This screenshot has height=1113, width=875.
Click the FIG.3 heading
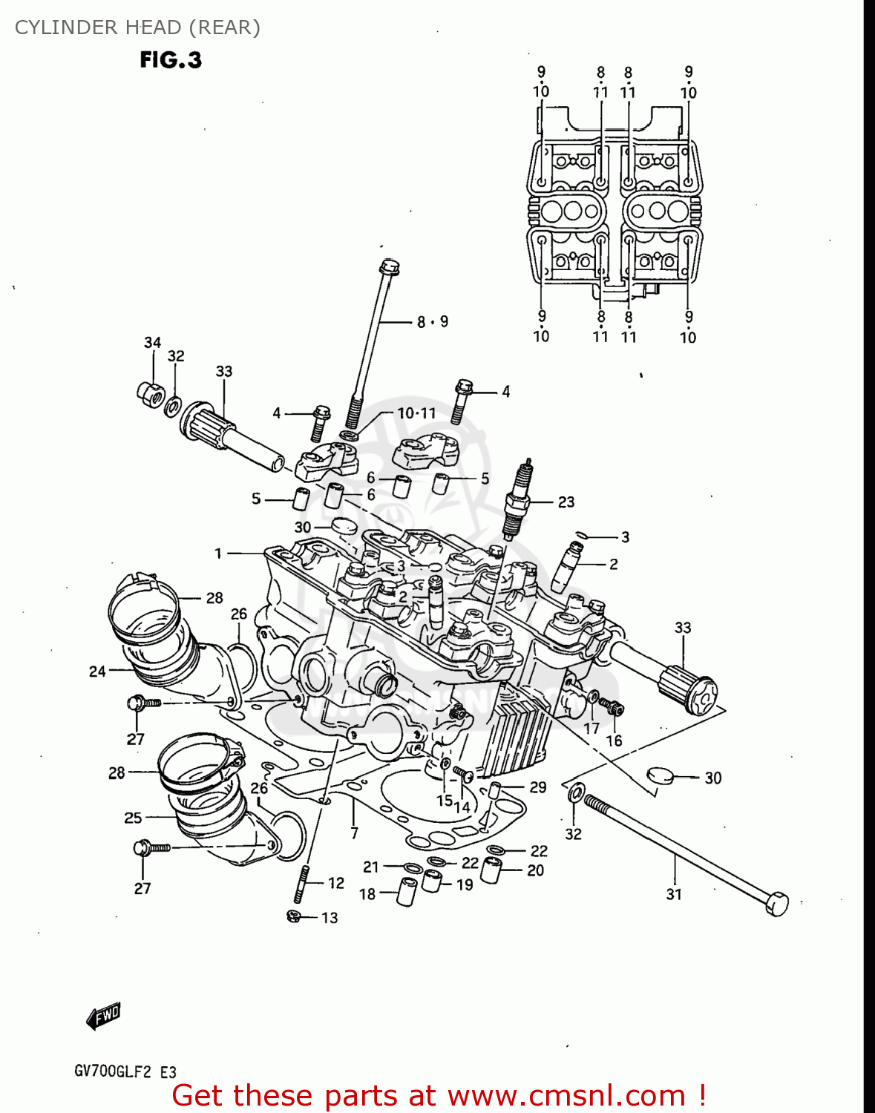click(171, 60)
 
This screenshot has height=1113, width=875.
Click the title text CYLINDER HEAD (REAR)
click(137, 27)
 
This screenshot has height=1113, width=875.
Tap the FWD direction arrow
click(103, 1016)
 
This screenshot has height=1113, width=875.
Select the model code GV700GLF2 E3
click(125, 1071)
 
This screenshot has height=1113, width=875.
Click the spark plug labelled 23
click(517, 498)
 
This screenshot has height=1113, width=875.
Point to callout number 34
click(152, 342)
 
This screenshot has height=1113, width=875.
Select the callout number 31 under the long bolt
click(673, 894)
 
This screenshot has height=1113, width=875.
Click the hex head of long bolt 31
click(776, 903)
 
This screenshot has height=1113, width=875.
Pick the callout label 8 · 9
click(432, 321)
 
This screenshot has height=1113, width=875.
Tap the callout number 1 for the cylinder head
click(218, 553)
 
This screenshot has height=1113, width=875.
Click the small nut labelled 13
click(293, 917)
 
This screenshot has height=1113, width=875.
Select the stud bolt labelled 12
click(302, 883)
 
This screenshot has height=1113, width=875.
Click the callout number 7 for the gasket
click(354, 833)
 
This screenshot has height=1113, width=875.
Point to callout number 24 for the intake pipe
click(97, 672)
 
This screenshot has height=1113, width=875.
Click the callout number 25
click(133, 818)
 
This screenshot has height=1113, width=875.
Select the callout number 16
click(614, 741)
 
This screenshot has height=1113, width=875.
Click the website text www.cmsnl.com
click(566, 1095)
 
